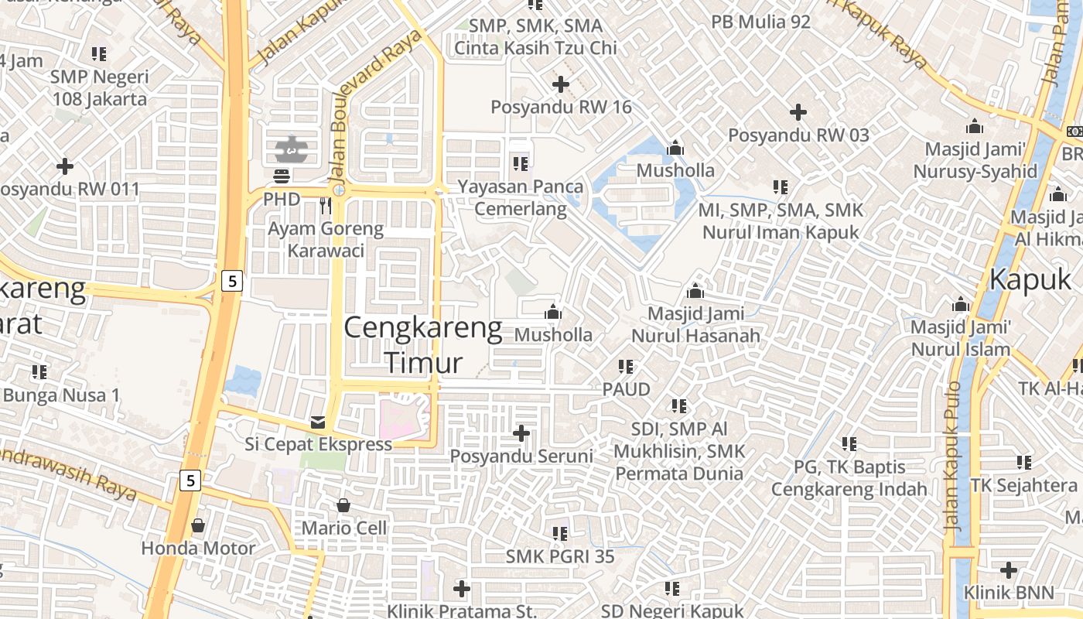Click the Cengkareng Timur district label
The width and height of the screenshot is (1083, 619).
tap(422, 345)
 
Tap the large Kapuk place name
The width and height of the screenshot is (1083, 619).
tap(1030, 279)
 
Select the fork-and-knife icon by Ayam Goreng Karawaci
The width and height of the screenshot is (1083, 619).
tap(326, 205)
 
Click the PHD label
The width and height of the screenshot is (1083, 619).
tap(282, 199)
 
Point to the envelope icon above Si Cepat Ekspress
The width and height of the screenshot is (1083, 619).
tap(318, 422)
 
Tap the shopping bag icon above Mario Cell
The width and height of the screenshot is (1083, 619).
tap(343, 506)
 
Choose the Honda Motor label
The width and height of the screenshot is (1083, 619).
tap(198, 549)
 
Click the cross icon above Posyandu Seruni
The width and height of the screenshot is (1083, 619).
tap(521, 433)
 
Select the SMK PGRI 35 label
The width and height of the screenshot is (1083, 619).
tap(560, 556)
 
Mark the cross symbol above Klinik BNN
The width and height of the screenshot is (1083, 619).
tap(1009, 571)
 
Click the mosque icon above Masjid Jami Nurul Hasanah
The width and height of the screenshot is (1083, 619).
tap(695, 292)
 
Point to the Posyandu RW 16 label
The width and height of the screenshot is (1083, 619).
tap(562, 107)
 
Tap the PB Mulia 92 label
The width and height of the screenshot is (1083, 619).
tap(761, 22)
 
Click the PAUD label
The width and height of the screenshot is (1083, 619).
tap(627, 389)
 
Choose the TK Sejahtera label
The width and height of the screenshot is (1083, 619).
tap(1023, 485)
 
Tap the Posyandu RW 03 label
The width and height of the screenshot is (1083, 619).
tap(798, 135)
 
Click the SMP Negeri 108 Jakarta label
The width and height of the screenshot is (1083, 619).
tap(98, 88)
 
